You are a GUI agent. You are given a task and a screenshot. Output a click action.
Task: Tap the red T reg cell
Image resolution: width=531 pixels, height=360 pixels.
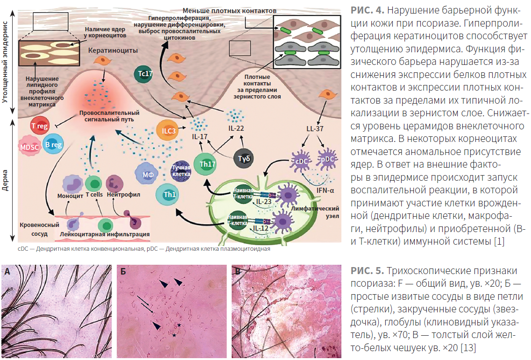pos(40,126)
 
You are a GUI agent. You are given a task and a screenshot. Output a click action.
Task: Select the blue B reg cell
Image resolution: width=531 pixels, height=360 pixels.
pos(54,144)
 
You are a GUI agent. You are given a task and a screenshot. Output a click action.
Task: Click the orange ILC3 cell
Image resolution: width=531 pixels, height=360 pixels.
pos(168,130)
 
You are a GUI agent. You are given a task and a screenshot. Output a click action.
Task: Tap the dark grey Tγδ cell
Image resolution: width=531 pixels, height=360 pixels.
pos(244,158)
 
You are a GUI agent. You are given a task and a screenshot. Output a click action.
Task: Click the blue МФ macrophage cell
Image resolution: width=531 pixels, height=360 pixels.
pos(148,174)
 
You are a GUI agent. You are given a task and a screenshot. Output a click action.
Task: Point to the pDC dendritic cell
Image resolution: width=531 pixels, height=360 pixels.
pos(327,159)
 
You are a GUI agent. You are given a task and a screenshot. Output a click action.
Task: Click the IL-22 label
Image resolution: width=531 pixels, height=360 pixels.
pos(236,128)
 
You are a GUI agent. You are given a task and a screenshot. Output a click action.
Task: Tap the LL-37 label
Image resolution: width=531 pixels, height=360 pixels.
pos(315,129)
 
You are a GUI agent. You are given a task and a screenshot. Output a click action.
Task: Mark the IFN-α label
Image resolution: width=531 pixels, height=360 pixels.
pos(325,191)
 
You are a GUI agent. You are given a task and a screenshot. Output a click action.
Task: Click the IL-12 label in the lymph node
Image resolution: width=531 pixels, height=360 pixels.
pos(261,228)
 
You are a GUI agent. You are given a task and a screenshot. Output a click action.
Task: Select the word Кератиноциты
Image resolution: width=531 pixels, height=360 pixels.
pos(113,50)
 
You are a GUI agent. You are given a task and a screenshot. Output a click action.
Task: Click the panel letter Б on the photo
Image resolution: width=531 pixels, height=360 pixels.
pos(123,271)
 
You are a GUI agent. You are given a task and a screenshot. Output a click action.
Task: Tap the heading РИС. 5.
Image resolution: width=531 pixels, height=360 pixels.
pos(367,271)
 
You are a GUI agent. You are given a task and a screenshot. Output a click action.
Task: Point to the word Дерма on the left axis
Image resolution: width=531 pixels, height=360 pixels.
pos(5,180)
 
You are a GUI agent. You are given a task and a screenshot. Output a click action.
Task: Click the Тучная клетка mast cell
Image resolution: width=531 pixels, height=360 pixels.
pos(181,171)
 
